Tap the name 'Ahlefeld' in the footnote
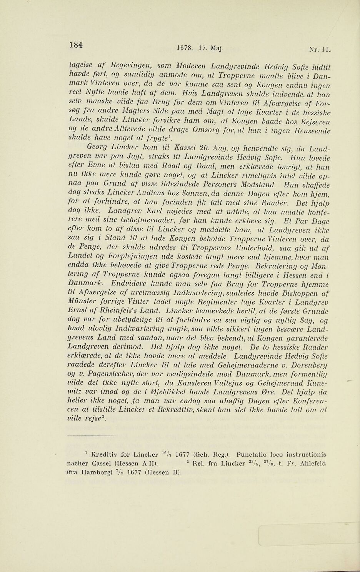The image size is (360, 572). click(x=312, y=465)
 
